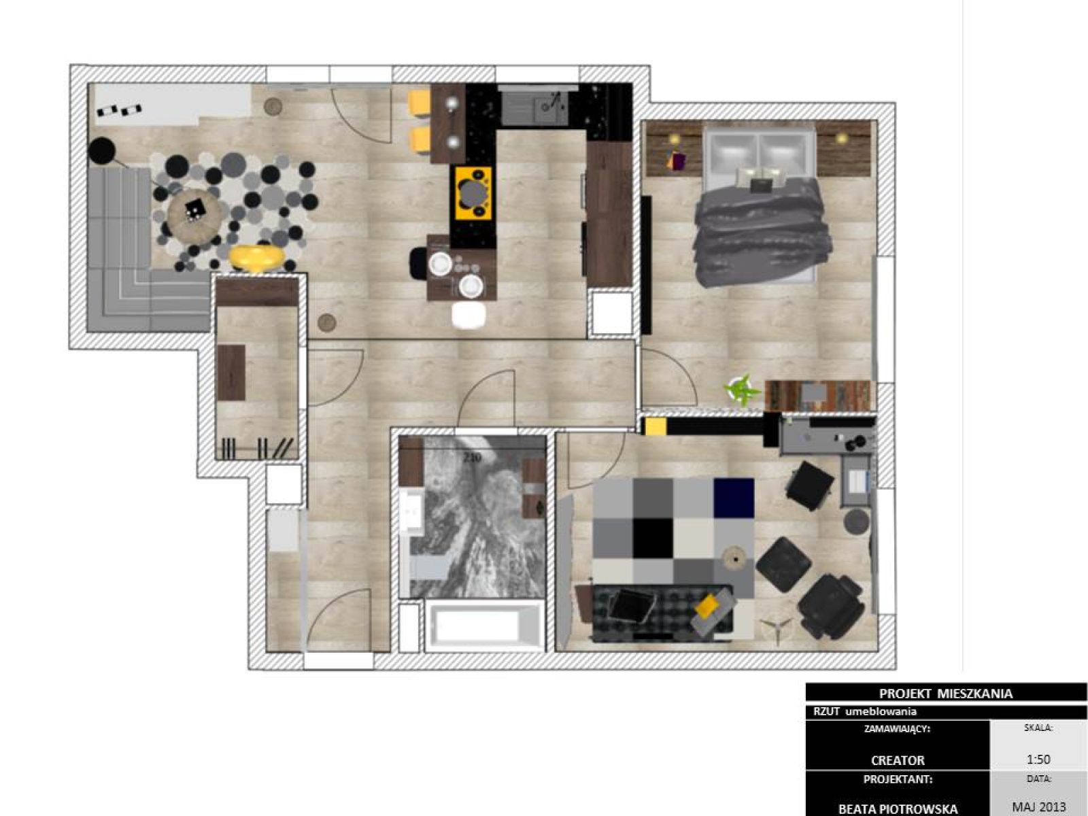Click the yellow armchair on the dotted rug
256,258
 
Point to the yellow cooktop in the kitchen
473,193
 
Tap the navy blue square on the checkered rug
734,498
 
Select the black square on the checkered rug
653,538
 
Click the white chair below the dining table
469,315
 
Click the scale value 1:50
1038,760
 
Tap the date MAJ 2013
1039,807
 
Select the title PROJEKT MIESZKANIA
946,693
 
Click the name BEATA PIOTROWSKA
898,809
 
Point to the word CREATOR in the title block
898,760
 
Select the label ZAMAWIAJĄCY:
897,729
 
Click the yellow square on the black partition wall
656,426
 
